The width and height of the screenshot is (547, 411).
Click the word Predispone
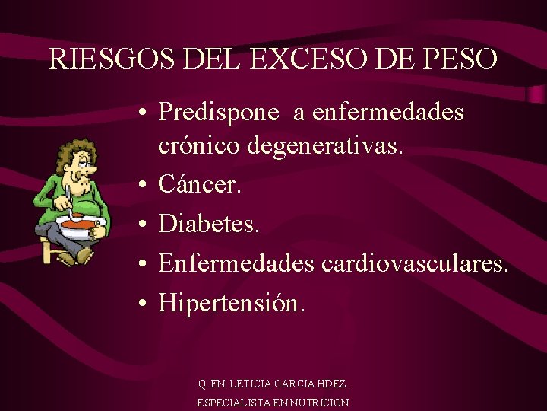(x=219, y=113)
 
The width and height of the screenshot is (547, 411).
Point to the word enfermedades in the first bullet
(x=388, y=113)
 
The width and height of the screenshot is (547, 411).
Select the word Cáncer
(x=199, y=184)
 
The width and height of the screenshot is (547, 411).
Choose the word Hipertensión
(x=232, y=303)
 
